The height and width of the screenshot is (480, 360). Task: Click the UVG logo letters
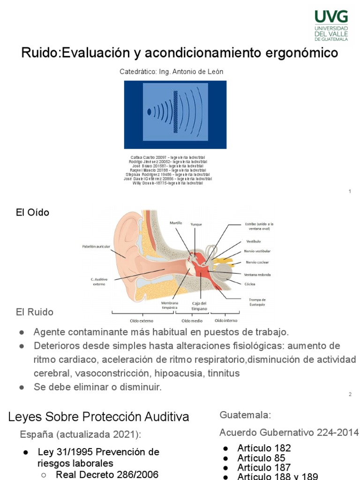pos(331,17)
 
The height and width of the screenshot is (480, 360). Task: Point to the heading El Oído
pos(32,213)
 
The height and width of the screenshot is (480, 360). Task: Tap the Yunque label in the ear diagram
pos(196,225)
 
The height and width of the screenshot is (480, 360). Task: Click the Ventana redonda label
pos(257,274)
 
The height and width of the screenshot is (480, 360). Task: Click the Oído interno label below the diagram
pos(225,321)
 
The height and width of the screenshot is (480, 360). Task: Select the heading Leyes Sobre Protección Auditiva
pos(98,417)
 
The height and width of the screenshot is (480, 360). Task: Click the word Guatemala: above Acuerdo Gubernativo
pos(245,415)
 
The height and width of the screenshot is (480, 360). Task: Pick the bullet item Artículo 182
pos(264,448)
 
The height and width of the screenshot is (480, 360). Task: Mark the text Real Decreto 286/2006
pos(107,474)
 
